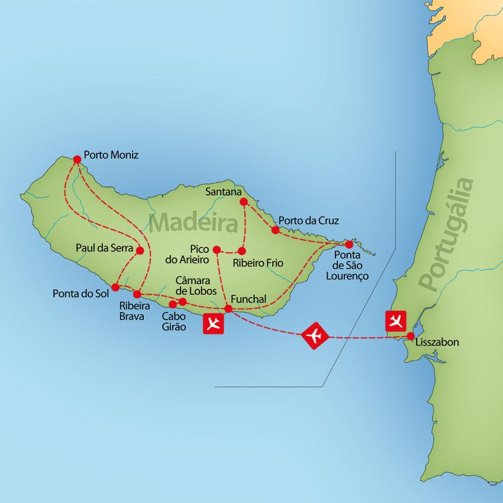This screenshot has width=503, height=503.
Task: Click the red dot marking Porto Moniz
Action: click(76, 159)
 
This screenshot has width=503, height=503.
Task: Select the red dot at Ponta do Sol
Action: click(115, 287)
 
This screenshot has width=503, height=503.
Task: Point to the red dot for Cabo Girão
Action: click(173, 304)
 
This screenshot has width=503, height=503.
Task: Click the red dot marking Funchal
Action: click(228, 308)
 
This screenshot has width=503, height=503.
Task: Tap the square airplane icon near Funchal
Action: click(213, 323)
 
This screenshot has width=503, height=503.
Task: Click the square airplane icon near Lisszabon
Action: click(395, 321)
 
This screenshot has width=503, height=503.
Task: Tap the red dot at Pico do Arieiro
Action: click(217, 249)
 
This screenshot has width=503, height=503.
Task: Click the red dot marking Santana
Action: click(243, 202)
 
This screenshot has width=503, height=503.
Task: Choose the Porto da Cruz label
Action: click(309, 220)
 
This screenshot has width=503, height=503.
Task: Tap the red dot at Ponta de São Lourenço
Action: click(349, 244)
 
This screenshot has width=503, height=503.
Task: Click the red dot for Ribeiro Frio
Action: click(242, 250)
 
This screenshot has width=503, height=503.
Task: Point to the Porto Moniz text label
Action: click(111, 155)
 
